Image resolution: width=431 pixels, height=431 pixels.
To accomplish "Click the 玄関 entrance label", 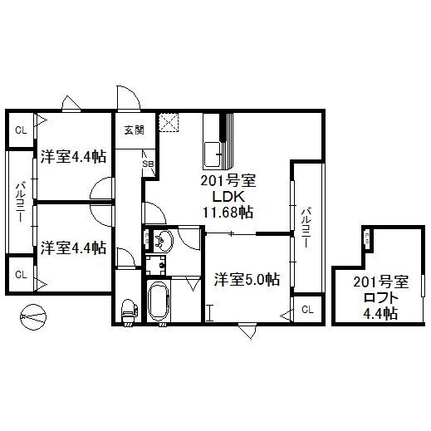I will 134,130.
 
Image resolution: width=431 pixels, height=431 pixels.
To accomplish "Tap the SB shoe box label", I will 148,164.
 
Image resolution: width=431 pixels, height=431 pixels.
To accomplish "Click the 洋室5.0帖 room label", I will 247,279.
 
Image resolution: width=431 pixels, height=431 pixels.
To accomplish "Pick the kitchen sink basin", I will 213,154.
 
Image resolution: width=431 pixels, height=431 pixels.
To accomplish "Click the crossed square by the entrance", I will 171,121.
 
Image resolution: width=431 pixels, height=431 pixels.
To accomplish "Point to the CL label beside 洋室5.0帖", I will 307,310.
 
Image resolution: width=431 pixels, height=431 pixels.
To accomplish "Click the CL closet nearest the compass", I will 20,274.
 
